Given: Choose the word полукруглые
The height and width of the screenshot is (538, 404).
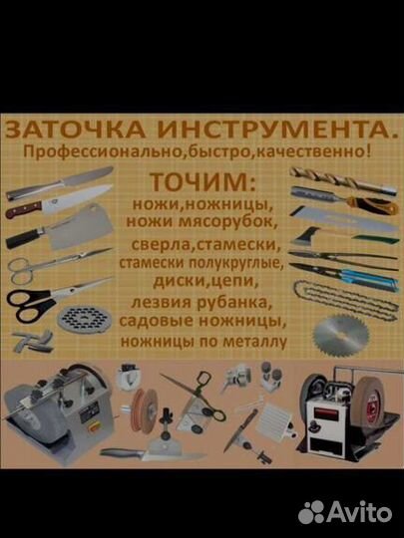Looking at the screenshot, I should tap(237, 264).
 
